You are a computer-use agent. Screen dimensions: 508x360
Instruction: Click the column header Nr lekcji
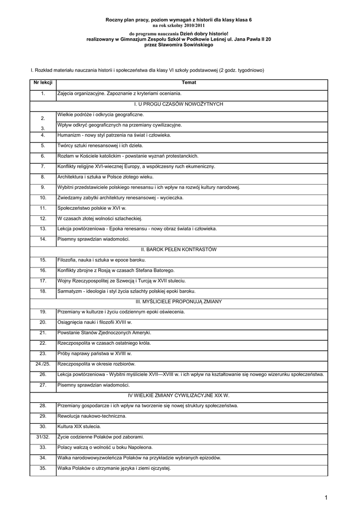(43, 82)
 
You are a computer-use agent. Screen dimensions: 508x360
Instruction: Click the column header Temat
(189, 82)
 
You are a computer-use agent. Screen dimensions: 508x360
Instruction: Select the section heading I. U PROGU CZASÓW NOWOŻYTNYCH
(179, 104)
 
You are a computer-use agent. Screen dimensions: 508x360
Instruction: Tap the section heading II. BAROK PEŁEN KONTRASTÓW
(179, 249)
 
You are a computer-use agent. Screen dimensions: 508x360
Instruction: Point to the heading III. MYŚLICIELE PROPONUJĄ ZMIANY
(179, 301)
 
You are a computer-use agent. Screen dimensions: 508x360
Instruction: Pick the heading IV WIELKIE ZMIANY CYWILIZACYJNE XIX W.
(179, 395)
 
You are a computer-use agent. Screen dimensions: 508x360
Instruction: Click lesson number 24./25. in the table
(43, 364)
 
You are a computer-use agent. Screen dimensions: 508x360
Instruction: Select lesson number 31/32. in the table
(43, 437)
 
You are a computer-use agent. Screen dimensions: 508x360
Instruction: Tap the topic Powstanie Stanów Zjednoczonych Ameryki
(104, 332)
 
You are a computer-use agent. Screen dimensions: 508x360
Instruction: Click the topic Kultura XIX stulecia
(79, 426)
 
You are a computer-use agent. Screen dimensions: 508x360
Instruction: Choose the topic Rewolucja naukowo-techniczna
(92, 416)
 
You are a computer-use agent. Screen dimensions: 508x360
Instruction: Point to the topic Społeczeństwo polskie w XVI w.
(92, 208)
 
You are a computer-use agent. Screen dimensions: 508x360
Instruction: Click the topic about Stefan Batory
(116, 270)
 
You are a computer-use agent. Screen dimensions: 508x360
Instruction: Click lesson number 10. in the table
(43, 197)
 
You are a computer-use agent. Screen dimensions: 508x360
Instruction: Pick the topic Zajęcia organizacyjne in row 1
(119, 93)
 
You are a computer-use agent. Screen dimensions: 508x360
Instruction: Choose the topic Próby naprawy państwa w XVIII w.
(94, 353)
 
